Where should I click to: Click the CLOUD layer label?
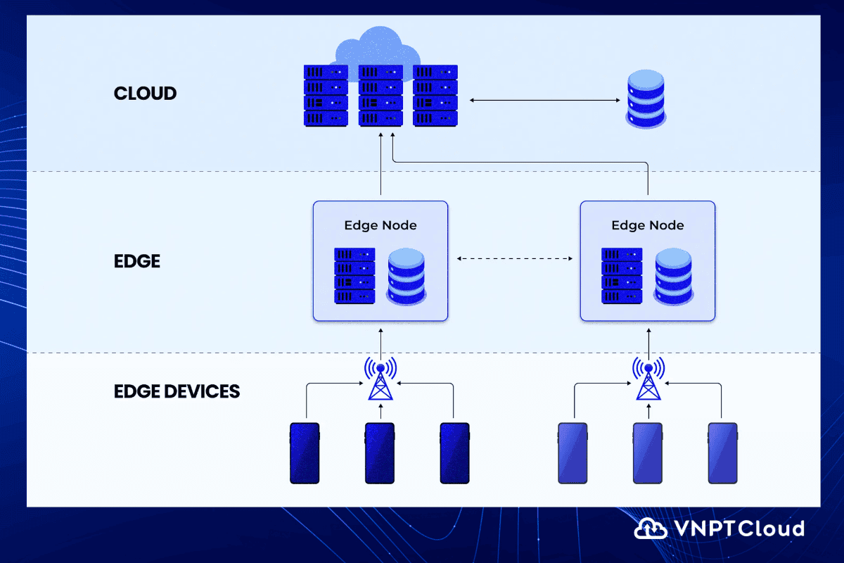click(x=145, y=93)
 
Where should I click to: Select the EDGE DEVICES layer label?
click(x=177, y=391)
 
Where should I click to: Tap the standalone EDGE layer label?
click(x=137, y=261)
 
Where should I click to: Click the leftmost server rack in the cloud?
click(x=326, y=96)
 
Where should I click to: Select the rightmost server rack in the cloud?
click(x=435, y=96)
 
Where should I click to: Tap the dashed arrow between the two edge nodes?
click(x=514, y=259)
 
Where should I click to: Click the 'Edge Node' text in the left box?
click(x=380, y=225)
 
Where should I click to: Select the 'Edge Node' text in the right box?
click(x=647, y=225)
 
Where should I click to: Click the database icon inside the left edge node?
click(x=406, y=276)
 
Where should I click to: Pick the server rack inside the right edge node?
click(x=621, y=276)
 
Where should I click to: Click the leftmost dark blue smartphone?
click(x=305, y=453)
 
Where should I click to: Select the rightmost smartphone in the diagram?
click(x=722, y=453)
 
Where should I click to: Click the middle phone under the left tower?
click(x=380, y=453)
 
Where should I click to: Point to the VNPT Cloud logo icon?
click(x=651, y=529)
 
